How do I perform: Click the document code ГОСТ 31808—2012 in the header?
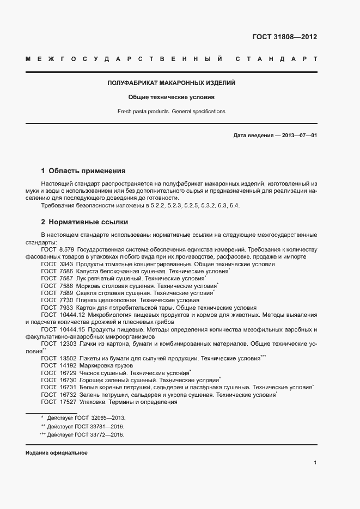tap(285, 38)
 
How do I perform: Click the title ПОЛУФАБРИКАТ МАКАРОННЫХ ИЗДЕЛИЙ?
tap(172, 83)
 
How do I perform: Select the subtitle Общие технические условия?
tap(172, 97)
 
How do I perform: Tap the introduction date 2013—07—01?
tap(300, 135)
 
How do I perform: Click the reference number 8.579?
tap(66, 249)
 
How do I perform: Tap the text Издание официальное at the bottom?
tap(57, 453)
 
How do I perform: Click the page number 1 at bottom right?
tap(315, 463)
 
